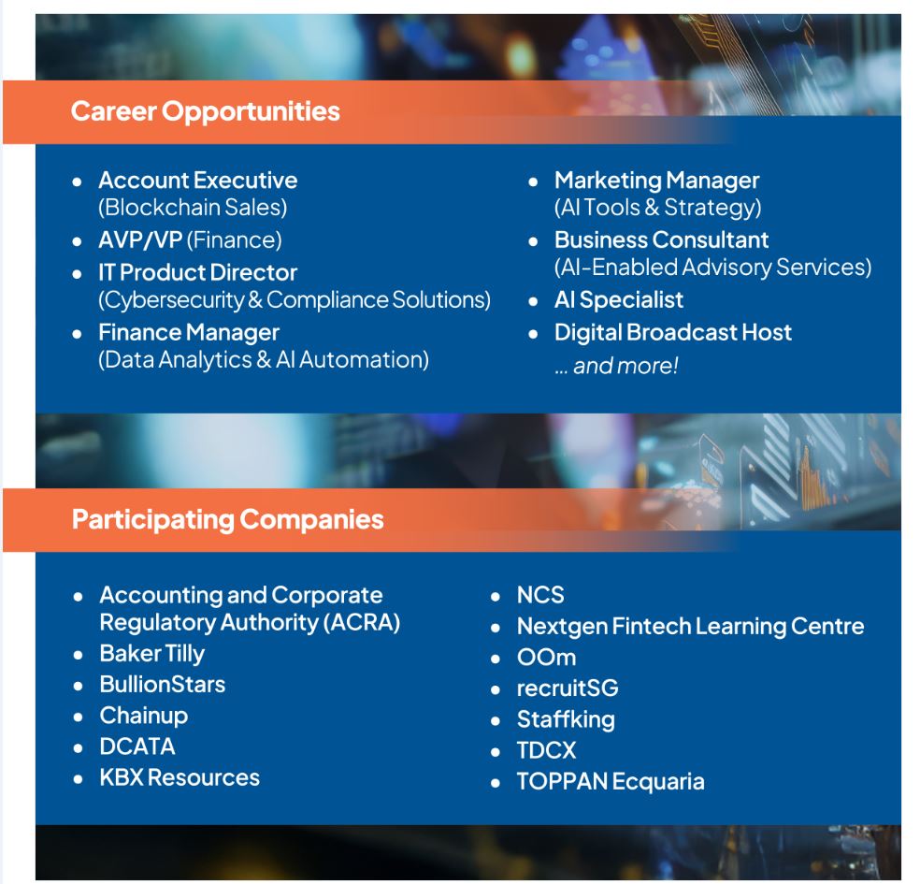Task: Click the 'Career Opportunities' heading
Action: (x=206, y=111)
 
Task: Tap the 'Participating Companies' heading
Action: (x=227, y=519)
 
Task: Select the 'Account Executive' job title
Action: (x=197, y=181)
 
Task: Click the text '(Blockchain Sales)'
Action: (x=193, y=208)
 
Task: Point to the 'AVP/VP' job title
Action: (x=141, y=240)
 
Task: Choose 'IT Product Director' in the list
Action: (x=197, y=272)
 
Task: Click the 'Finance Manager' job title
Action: (x=189, y=333)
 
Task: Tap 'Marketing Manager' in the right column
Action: (x=657, y=181)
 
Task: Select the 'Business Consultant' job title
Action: (x=662, y=240)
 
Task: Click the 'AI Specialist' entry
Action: (x=619, y=300)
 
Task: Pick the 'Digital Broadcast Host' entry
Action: (x=673, y=332)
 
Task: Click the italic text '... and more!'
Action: (x=616, y=366)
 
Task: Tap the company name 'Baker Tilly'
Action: (x=152, y=654)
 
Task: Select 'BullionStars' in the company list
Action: (x=163, y=685)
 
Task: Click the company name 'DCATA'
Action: (x=137, y=746)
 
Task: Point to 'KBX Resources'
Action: (x=180, y=777)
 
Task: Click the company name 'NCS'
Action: (x=540, y=595)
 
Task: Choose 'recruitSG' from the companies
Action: (x=568, y=688)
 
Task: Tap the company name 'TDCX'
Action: (x=546, y=751)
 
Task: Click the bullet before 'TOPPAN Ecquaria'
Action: (x=496, y=783)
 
